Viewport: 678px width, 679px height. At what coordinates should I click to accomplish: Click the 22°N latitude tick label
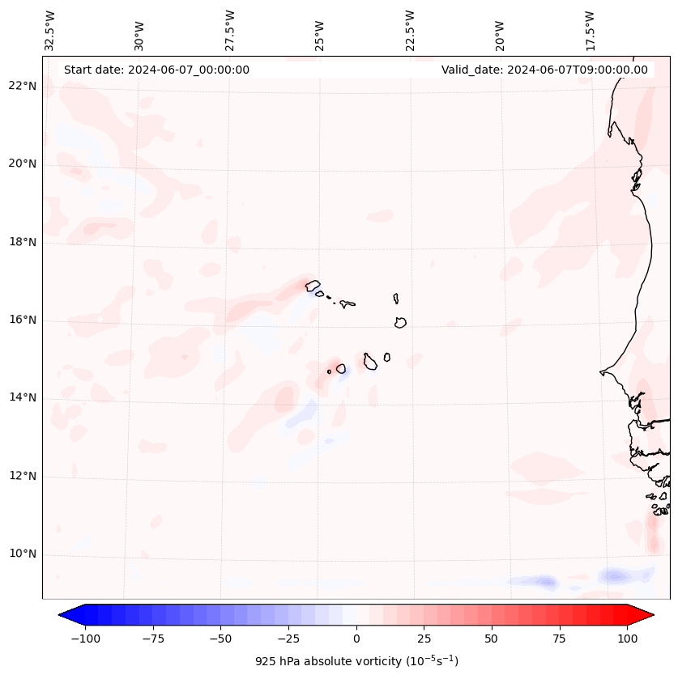click(23, 86)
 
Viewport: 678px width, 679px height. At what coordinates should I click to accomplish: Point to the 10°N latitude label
click(23, 554)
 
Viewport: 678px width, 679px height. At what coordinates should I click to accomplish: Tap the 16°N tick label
click(23, 320)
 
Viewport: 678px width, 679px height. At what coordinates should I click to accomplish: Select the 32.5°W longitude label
click(50, 30)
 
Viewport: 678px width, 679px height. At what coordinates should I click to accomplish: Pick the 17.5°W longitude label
click(590, 30)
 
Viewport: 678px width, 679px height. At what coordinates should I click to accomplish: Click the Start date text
click(156, 70)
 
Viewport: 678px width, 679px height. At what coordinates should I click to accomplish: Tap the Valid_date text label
click(544, 70)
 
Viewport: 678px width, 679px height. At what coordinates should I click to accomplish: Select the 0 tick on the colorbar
click(356, 639)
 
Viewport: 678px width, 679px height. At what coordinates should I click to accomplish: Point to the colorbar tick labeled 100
click(627, 639)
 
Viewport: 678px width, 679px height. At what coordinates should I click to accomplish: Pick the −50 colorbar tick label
click(221, 639)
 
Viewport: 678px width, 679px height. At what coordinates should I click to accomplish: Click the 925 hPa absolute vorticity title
click(356, 661)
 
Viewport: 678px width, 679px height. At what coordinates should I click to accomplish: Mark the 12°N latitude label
click(23, 477)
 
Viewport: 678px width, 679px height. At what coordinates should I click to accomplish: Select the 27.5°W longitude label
click(230, 30)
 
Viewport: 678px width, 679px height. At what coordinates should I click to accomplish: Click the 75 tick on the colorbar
click(559, 639)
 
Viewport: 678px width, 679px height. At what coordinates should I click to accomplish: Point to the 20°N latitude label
click(23, 163)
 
